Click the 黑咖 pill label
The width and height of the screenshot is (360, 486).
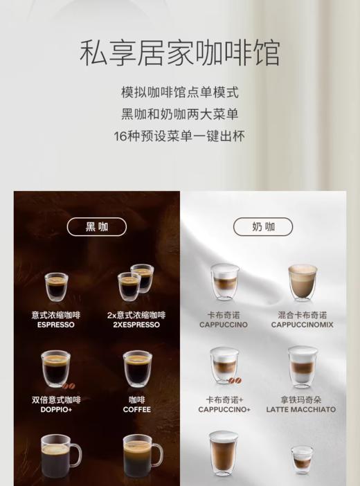click(x=97, y=226)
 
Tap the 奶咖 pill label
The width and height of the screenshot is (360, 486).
click(x=263, y=226)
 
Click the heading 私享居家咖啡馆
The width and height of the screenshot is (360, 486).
click(x=179, y=54)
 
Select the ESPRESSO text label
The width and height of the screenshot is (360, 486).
click(x=56, y=325)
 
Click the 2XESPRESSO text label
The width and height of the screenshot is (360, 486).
click(x=136, y=325)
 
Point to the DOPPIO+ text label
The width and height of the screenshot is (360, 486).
click(x=56, y=409)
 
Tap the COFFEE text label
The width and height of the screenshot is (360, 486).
click(x=136, y=409)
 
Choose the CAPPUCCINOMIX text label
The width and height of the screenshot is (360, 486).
click(x=302, y=325)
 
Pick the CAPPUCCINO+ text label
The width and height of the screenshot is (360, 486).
click(x=224, y=409)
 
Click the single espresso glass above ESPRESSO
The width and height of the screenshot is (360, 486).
click(x=56, y=287)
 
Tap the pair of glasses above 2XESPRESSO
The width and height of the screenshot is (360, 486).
click(x=136, y=282)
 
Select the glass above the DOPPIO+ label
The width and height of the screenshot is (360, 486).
click(x=55, y=368)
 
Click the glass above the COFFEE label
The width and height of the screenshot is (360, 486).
click(x=137, y=368)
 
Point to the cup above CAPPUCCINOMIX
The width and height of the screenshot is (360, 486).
click(x=303, y=282)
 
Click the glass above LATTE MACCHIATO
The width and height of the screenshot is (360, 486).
click(x=303, y=366)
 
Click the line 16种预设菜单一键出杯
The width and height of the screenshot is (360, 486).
click(x=179, y=136)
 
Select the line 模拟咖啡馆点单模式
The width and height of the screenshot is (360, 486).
click(x=179, y=92)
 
